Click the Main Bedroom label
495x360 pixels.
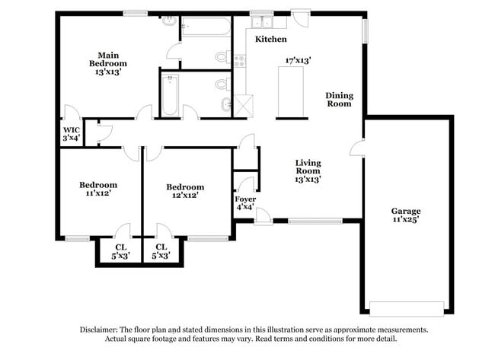coord(107,63)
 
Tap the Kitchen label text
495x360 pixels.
coord(270,38)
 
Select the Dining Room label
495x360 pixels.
coord(339,99)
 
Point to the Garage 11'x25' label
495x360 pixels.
coord(406,215)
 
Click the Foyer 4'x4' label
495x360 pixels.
coord(244,202)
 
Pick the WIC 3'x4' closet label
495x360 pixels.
coord(70,134)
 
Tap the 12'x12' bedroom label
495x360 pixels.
coord(185,190)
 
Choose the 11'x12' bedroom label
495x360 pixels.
coord(98,189)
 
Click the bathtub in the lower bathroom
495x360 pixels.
coord(170,95)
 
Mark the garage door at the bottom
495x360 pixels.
coord(406,308)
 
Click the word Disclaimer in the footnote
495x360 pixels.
coord(102,330)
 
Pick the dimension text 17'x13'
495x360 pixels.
coord(298,60)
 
